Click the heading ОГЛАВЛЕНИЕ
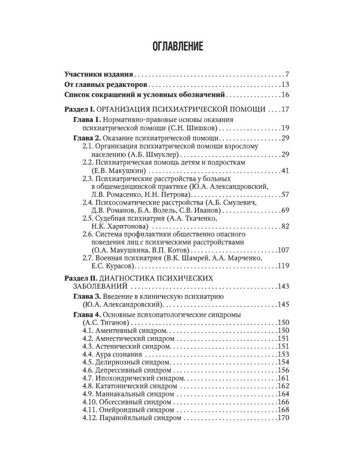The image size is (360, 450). click(x=179, y=45)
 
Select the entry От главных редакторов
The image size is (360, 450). click(x=104, y=85)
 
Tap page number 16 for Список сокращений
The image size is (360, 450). click(x=285, y=95)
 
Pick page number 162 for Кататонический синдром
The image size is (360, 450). click(x=283, y=387)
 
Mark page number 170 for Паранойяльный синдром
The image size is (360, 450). click(x=283, y=418)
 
